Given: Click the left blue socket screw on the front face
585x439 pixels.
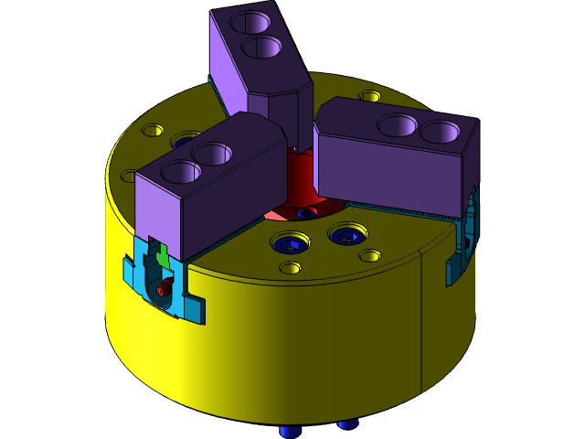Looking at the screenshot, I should click(x=292, y=243).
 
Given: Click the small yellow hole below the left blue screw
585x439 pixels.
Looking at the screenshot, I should click(x=290, y=268).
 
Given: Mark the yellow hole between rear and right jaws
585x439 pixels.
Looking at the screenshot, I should click(x=370, y=96).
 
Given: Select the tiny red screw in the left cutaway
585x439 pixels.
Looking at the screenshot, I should click(x=164, y=290).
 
